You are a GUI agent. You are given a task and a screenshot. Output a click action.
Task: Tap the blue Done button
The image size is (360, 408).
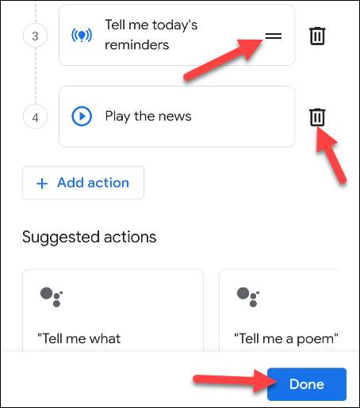[307, 384]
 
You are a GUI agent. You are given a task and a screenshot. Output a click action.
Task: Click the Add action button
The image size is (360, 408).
[83, 183]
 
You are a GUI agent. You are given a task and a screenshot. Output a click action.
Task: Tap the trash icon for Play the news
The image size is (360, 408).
[317, 117]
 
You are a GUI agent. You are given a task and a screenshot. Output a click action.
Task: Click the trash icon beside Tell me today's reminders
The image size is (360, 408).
[317, 36]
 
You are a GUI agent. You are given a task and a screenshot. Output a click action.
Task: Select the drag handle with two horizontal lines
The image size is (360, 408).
[274, 36]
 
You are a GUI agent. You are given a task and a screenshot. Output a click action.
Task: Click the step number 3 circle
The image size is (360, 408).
[35, 36]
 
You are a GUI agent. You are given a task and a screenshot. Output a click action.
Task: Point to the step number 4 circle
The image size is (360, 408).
[35, 117]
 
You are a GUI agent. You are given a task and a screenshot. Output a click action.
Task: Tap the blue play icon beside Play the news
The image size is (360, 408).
[82, 116]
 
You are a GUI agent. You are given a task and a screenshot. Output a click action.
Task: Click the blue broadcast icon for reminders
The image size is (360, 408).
[82, 35]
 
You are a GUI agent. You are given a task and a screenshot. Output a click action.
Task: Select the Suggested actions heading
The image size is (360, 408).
[90, 237]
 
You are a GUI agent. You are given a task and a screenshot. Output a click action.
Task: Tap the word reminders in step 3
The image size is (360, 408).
[137, 45]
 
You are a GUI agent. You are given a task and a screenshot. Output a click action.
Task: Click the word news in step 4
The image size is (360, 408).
[174, 116]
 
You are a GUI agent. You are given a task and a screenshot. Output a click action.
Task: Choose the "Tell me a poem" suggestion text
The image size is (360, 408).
[286, 339]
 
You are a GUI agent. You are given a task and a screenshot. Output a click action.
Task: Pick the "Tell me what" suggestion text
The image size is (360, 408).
[79, 338]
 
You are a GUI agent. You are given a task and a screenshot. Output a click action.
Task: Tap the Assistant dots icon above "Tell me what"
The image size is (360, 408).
[52, 297]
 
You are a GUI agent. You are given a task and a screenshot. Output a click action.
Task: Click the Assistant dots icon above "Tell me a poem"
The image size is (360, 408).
[248, 297]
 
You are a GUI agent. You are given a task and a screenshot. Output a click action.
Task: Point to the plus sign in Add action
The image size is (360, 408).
[42, 183]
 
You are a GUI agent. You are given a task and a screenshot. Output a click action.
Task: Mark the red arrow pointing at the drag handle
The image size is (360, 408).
[224, 59]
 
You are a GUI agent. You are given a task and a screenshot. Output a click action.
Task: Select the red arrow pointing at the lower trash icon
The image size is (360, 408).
[331, 155]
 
